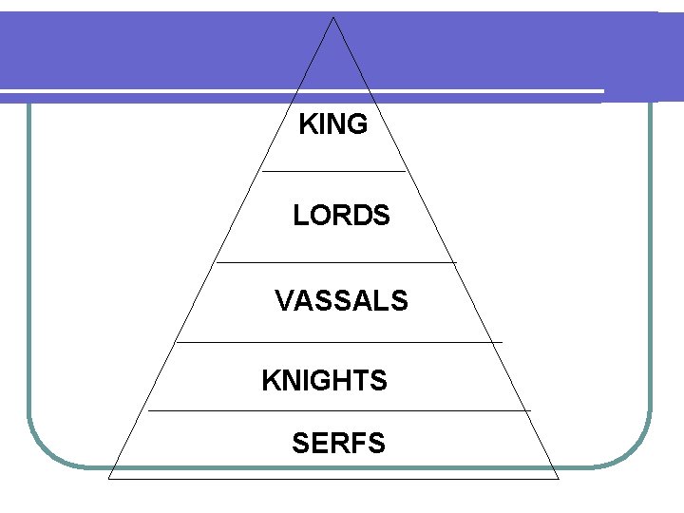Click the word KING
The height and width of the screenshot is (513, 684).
[x=332, y=124]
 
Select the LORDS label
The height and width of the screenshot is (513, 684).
[x=341, y=217]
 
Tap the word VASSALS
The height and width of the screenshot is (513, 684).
[x=341, y=301]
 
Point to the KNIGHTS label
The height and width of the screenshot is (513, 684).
[x=324, y=381]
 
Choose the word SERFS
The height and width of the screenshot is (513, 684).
[x=338, y=443]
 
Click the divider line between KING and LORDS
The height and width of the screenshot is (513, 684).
[x=333, y=171]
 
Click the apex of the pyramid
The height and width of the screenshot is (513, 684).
[x=333, y=17]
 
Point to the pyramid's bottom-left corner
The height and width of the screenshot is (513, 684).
[x=109, y=479]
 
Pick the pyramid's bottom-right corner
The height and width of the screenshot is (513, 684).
[x=558, y=479]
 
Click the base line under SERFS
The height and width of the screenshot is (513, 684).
[x=333, y=479]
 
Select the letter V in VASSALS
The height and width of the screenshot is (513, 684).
[x=283, y=301]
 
